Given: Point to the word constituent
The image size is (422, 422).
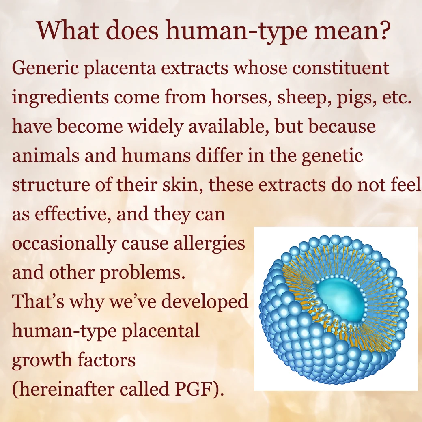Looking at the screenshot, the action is click(340, 68).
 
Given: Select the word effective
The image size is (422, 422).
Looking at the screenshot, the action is click(73, 215).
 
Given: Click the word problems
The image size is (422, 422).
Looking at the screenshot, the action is click(143, 273).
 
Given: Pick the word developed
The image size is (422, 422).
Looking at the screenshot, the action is click(205, 302).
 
